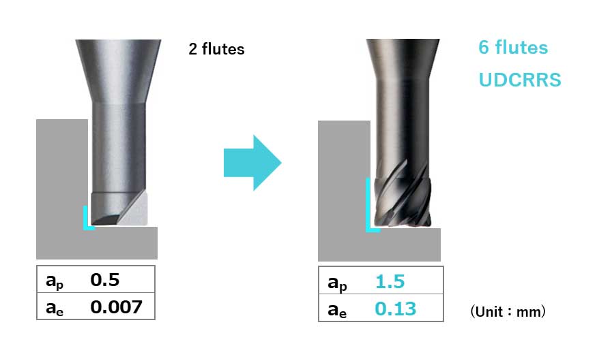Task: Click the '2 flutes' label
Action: [216, 49]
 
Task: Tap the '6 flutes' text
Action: [513, 48]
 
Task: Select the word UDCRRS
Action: [520, 80]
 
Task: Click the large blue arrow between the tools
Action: [252, 162]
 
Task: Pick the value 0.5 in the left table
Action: [104, 280]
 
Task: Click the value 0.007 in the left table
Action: [116, 307]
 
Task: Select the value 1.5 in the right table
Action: [390, 281]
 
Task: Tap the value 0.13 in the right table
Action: [395, 309]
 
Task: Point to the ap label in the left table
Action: [55, 281]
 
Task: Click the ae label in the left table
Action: [55, 308]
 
